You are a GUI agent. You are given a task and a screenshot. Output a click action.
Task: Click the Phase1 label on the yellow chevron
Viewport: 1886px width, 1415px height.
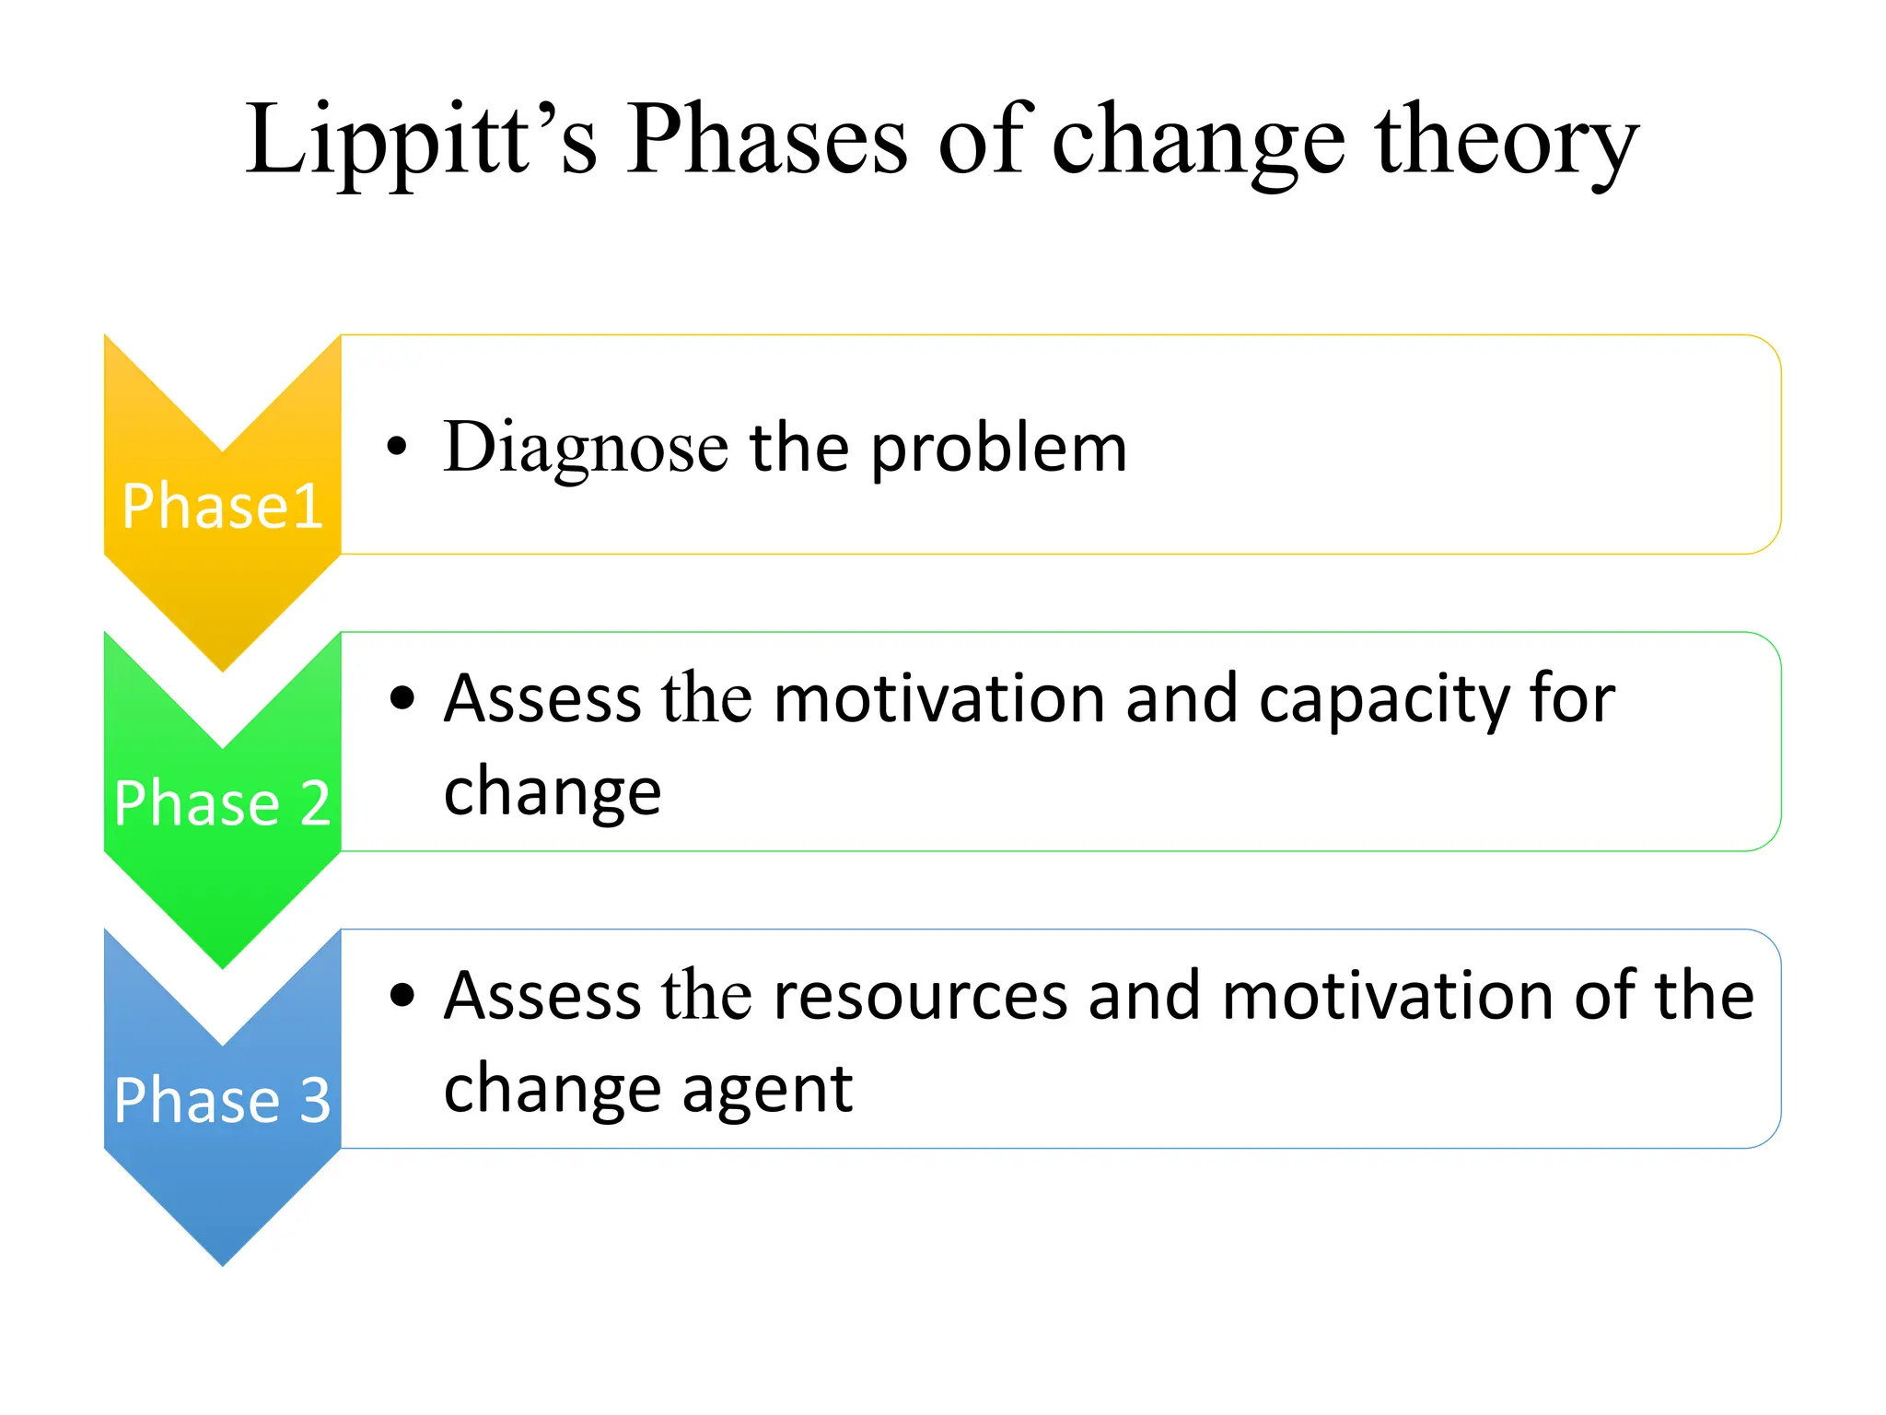coord(222,506)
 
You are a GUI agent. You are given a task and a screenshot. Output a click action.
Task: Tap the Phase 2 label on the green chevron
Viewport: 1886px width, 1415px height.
coord(222,802)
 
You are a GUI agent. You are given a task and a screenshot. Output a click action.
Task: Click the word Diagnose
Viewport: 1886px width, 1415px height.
coord(586,449)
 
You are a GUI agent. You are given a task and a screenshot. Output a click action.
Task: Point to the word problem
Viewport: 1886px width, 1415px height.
coord(998,449)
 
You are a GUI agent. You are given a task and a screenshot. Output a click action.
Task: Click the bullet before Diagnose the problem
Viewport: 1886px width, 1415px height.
coord(397,447)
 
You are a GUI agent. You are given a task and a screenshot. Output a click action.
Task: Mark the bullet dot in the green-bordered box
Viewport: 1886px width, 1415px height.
coord(402,697)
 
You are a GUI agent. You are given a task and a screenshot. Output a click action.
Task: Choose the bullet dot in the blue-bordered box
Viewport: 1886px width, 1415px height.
coord(402,995)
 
